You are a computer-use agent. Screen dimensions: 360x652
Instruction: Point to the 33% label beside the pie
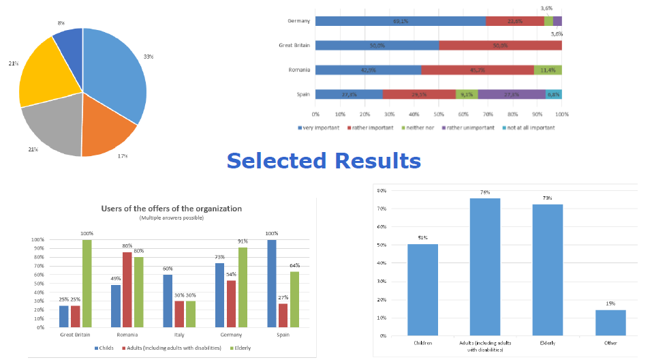click(148, 56)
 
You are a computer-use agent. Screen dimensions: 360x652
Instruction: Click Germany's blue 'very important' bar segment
click(401, 20)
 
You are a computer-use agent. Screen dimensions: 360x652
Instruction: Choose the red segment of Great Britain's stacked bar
click(500, 45)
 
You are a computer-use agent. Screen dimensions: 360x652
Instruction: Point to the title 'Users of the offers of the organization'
click(171, 209)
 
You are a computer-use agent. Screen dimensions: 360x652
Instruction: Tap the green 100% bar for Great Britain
click(86, 283)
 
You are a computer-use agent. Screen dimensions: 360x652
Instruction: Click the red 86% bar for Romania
click(127, 289)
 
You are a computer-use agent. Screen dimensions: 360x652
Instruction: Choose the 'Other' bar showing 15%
click(610, 322)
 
